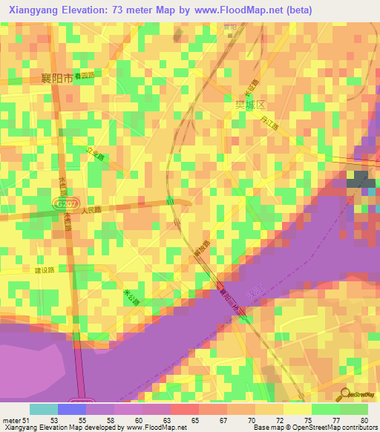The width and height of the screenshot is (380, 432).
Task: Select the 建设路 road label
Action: coord(45,269)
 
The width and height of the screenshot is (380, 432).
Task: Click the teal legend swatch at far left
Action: coord(43,409)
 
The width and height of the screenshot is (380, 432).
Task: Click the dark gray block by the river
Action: coord(359,179)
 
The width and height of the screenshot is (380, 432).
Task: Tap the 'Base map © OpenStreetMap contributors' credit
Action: coord(315,428)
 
